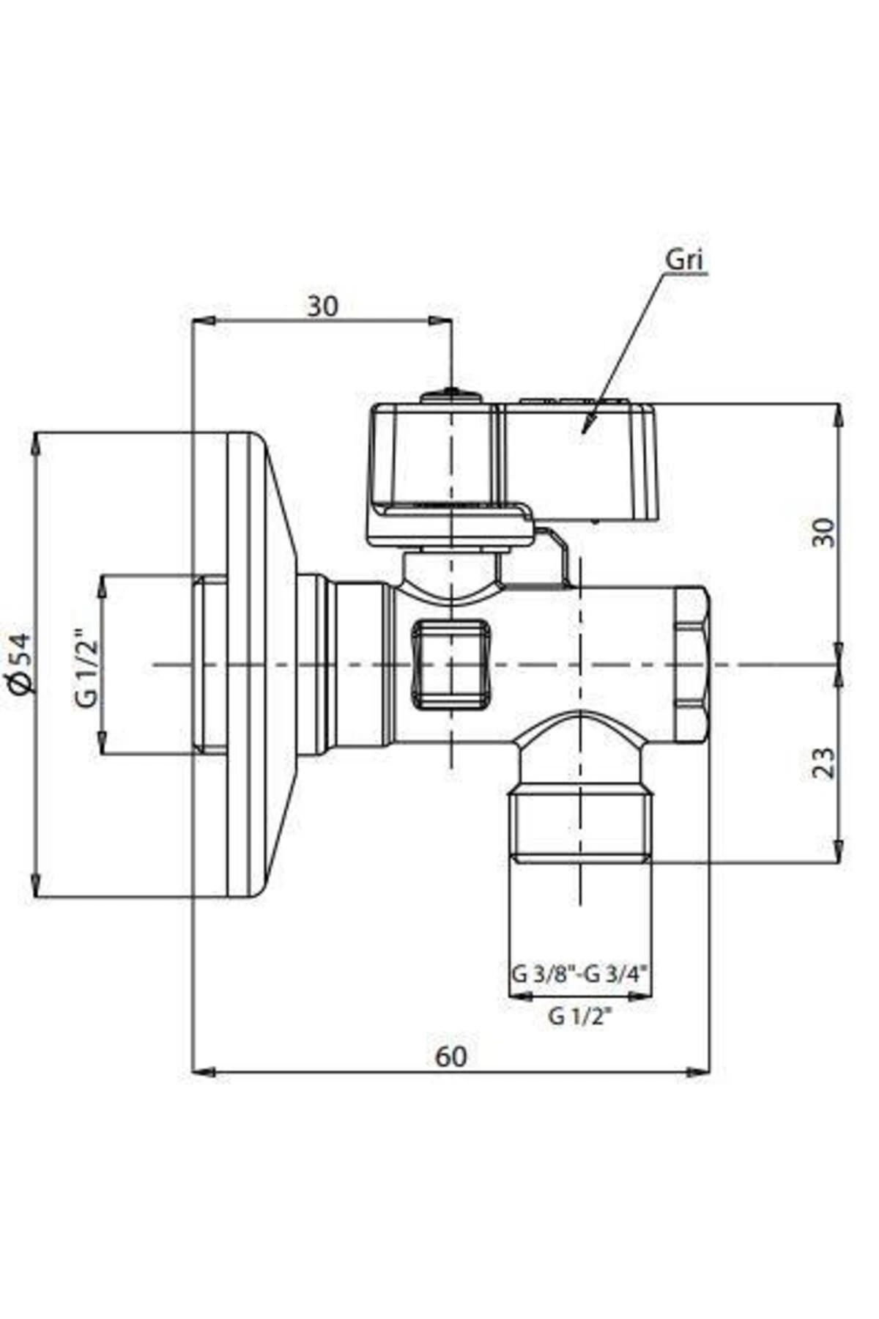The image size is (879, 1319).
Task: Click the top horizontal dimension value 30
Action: (x=322, y=306)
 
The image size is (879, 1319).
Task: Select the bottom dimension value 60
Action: (x=450, y=1057)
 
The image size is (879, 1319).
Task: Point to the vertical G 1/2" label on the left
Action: (x=86, y=665)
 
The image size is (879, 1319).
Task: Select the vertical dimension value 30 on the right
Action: (x=824, y=533)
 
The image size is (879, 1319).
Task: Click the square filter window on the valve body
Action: (x=448, y=665)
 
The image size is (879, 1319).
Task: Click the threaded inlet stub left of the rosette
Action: (x=210, y=665)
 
